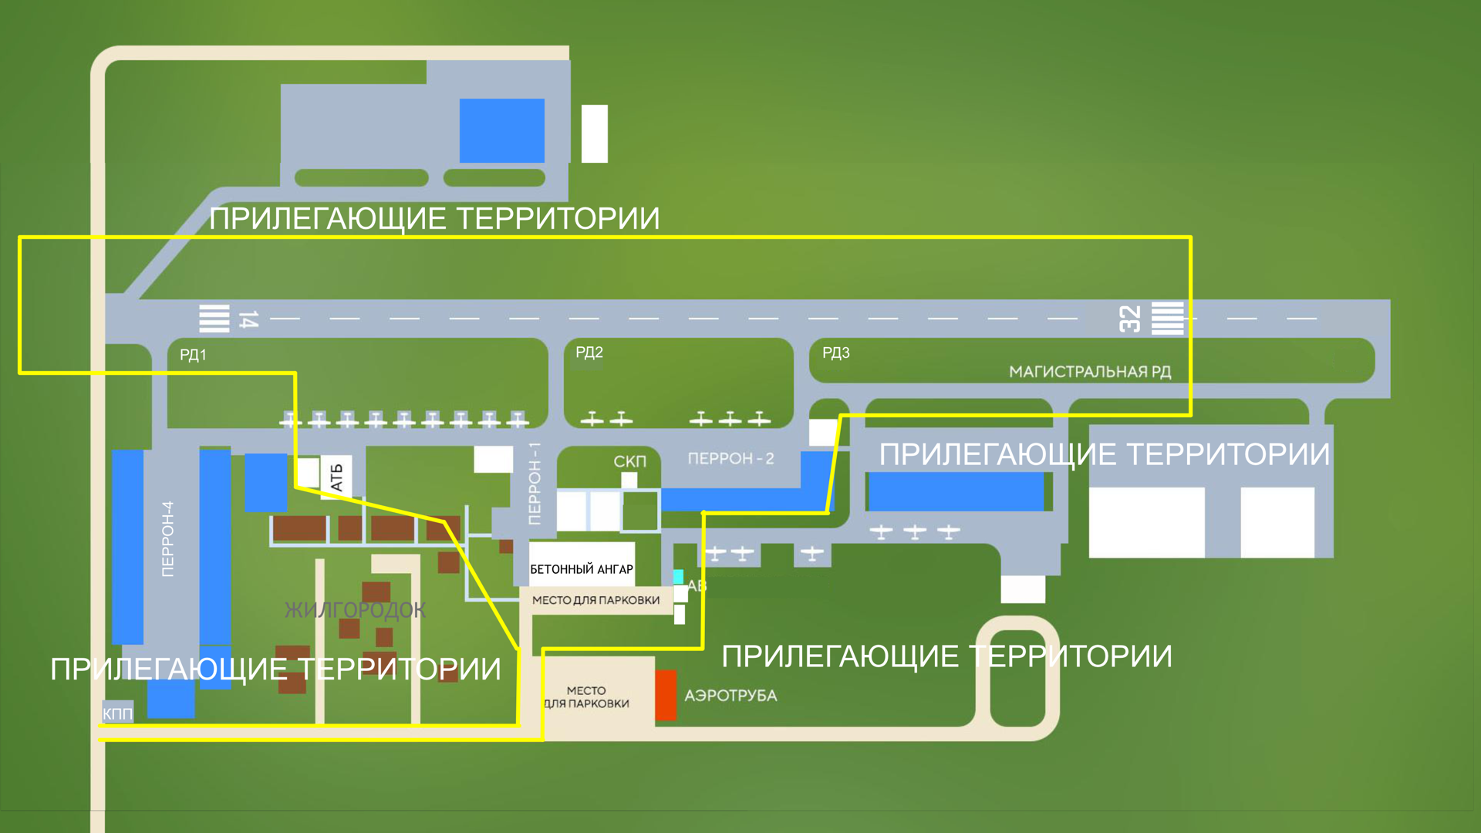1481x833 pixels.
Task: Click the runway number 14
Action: click(x=248, y=319)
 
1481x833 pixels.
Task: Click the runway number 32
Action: click(x=1129, y=319)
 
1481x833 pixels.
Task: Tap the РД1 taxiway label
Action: click(x=193, y=355)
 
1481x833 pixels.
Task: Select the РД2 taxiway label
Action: click(x=589, y=352)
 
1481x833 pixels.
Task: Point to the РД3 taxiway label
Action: click(x=835, y=353)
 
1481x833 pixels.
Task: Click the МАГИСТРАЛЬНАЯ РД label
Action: click(x=1089, y=372)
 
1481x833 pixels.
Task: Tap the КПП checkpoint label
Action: click(x=117, y=713)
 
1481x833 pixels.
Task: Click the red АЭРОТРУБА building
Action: click(x=666, y=695)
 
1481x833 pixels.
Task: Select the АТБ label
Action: click(x=336, y=477)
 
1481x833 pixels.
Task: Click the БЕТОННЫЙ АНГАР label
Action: click(x=582, y=569)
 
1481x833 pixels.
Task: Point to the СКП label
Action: click(x=629, y=461)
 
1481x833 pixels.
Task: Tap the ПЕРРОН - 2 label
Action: click(x=730, y=459)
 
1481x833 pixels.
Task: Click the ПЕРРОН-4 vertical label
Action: click(x=167, y=538)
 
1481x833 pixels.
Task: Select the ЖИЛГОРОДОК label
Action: click(x=355, y=610)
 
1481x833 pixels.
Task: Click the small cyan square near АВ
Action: click(x=678, y=576)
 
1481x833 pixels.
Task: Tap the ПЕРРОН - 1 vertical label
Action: click(x=535, y=484)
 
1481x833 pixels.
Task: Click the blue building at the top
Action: click(x=501, y=130)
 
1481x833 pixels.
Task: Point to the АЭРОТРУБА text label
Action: click(x=730, y=696)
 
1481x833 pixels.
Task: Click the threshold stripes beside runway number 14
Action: click(x=214, y=319)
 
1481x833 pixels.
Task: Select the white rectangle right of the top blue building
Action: click(x=594, y=133)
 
